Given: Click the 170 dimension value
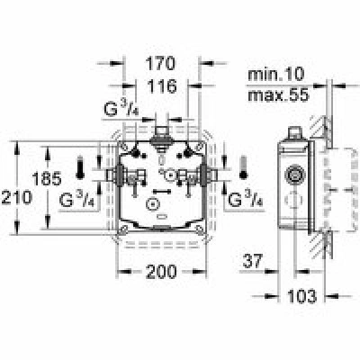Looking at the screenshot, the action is point(160,64).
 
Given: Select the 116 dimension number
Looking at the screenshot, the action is point(162,86).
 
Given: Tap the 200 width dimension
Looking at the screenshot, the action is point(161,272).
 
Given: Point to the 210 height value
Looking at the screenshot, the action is point(16,198).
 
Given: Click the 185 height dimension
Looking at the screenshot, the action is point(47,179).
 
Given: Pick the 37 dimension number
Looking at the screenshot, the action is point(253,261).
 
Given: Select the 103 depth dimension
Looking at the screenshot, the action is point(301,296).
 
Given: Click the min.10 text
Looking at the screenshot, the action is point(276,74).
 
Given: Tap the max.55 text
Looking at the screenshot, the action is point(278,95).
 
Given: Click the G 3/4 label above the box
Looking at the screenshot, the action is point(123,110).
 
